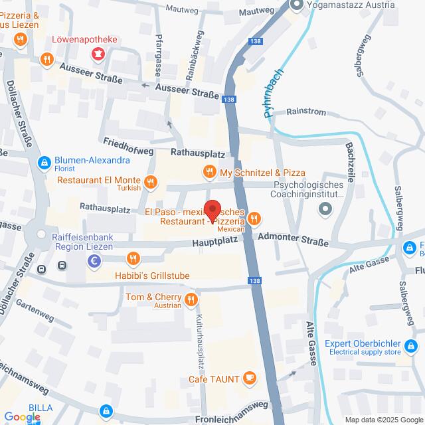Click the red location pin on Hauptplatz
coord(212,211)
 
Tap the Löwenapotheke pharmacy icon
coord(98,52)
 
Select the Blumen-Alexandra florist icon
coord(44,161)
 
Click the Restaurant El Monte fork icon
coord(151,181)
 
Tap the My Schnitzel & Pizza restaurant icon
coord(210,173)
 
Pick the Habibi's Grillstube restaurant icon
coord(133,259)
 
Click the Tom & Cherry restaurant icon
coord(192,300)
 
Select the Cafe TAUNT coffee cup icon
coord(250,377)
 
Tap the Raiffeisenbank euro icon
coord(94,262)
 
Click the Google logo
coord(21,416)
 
